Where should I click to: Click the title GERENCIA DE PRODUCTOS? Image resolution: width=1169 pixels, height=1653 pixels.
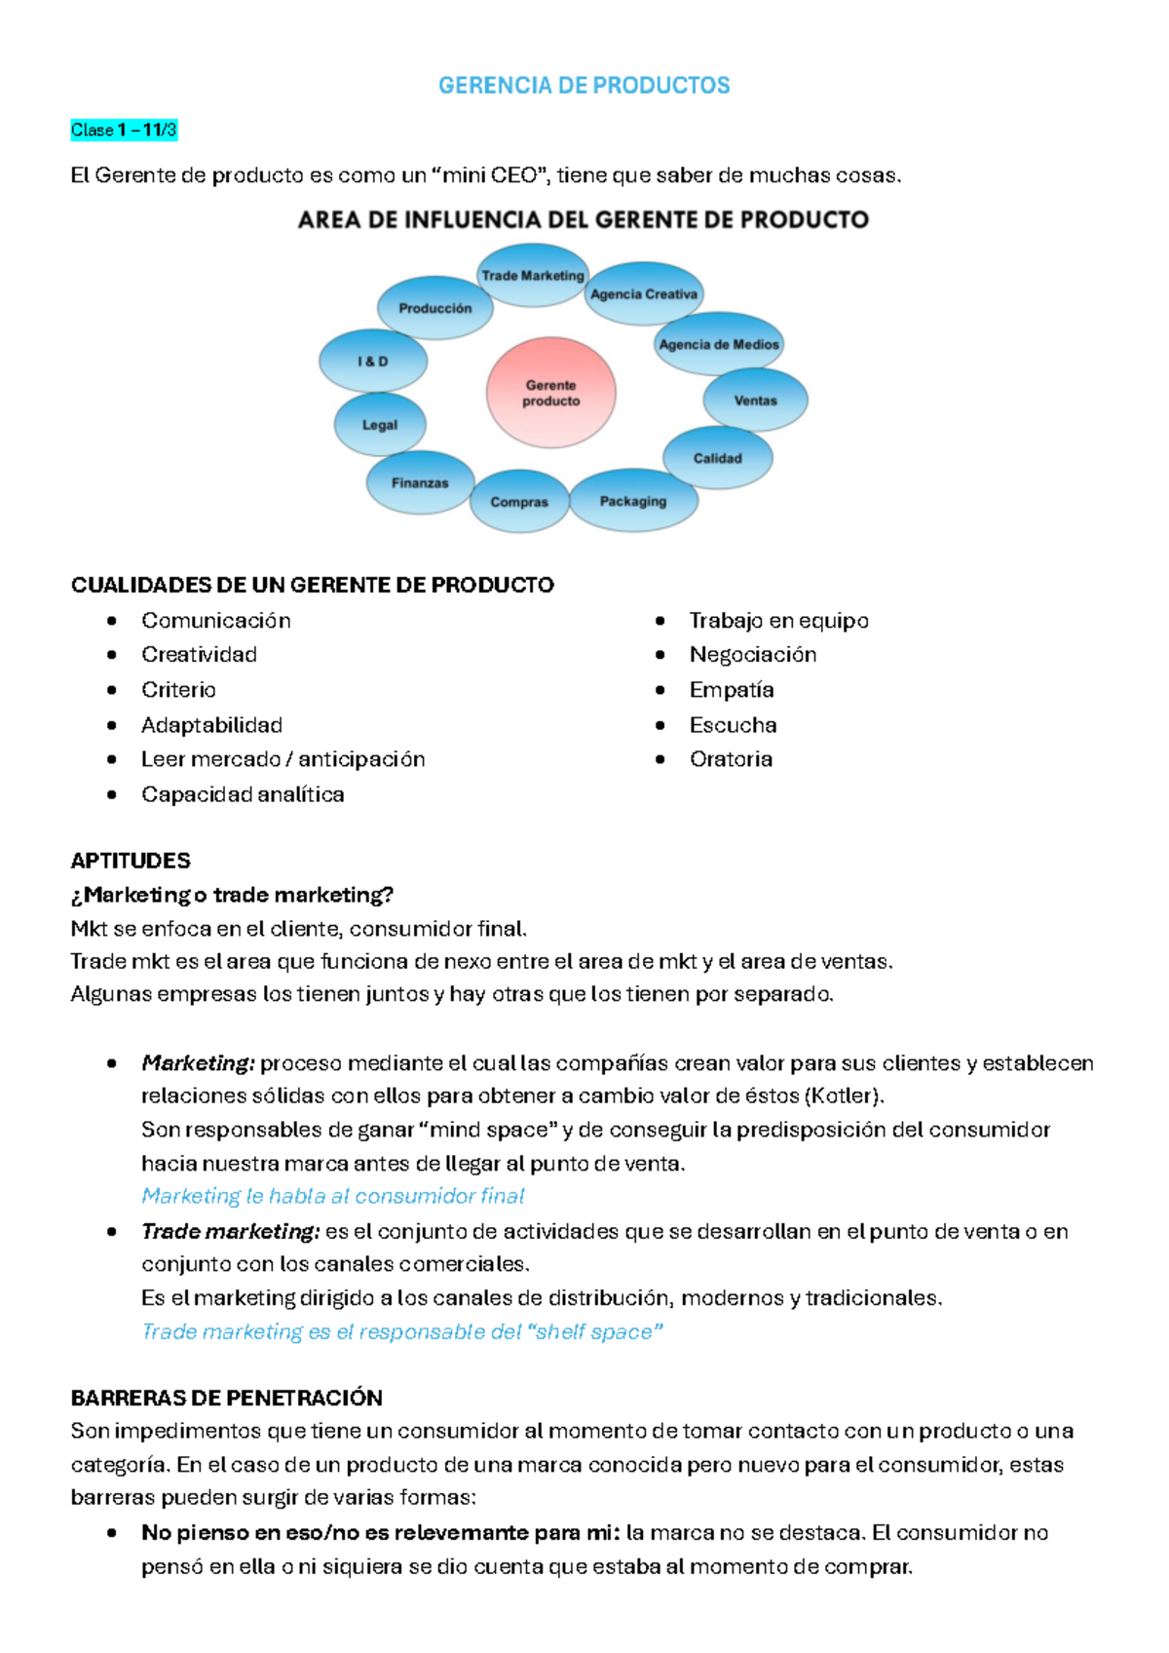click(584, 86)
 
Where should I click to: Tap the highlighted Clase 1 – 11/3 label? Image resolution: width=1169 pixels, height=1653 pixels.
click(124, 130)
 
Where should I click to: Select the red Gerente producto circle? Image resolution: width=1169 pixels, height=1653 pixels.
click(551, 393)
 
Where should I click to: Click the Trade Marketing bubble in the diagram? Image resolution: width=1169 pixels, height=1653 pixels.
click(533, 276)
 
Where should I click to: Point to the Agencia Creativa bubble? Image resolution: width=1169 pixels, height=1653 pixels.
click(644, 293)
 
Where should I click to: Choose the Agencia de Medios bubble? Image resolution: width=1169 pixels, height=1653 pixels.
click(719, 344)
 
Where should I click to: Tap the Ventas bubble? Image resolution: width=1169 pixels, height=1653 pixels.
click(755, 400)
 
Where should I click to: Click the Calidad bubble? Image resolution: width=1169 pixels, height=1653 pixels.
click(718, 458)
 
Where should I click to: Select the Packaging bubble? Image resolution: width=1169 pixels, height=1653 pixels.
click(633, 501)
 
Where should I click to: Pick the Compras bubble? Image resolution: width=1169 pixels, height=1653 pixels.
click(519, 502)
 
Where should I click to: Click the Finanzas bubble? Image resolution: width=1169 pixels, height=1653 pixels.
click(420, 482)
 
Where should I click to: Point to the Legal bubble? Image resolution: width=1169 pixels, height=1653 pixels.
click(380, 425)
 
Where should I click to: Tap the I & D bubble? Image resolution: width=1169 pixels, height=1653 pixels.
click(373, 361)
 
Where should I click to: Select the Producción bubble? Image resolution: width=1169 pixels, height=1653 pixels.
click(435, 308)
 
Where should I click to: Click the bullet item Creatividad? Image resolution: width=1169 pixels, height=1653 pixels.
click(199, 655)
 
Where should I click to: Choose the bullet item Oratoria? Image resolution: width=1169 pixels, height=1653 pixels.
click(731, 759)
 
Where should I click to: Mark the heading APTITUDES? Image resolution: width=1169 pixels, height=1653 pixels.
click(131, 861)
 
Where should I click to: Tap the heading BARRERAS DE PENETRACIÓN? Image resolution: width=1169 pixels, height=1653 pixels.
click(226, 1398)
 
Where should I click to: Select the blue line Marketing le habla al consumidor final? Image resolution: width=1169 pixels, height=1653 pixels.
click(333, 1196)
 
